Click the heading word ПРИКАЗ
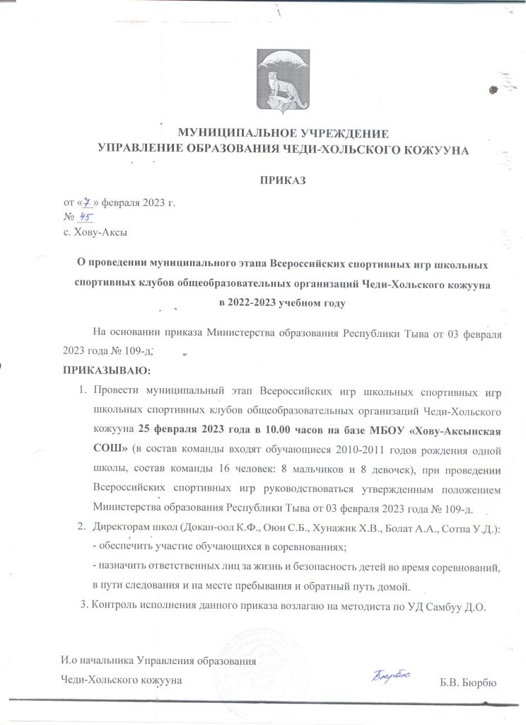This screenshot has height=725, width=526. [283, 181]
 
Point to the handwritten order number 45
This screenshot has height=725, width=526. [88, 217]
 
